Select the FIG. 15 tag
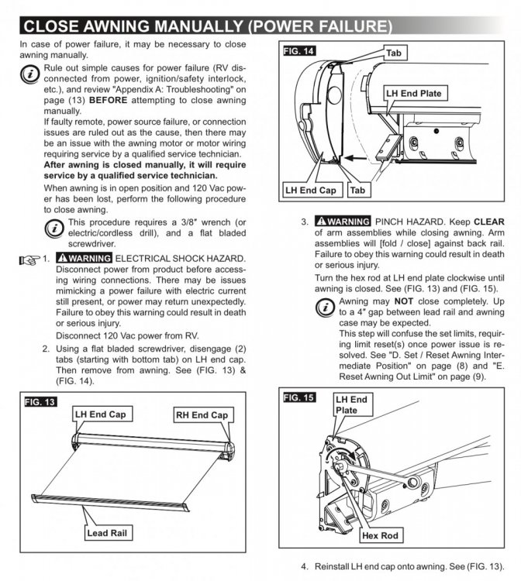[x=299, y=397]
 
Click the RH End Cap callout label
[x=201, y=415]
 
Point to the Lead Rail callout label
[x=109, y=533]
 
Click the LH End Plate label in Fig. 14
[x=415, y=94]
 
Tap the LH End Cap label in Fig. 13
[x=100, y=414]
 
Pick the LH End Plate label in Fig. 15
[x=350, y=404]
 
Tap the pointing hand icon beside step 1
[x=29, y=258]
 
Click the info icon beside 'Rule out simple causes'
[x=29, y=74]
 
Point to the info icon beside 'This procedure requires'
[x=55, y=229]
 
